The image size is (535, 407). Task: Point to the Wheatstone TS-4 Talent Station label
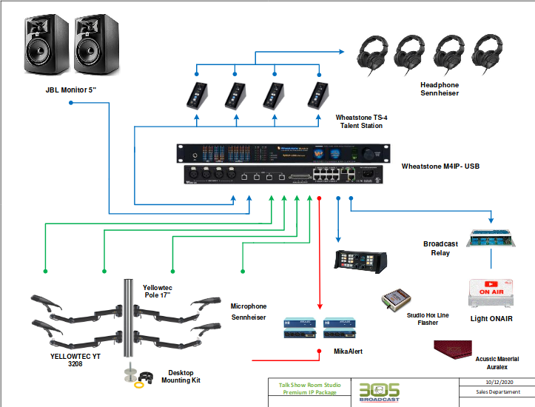(x=360, y=121)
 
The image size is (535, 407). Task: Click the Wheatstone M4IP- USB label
(x=440, y=167)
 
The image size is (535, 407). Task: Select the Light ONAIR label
(x=491, y=319)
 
